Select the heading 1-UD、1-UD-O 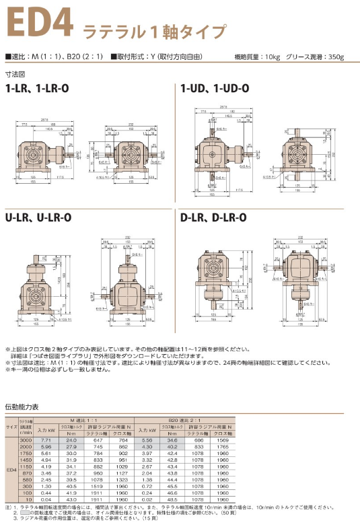211,88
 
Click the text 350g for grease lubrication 334,57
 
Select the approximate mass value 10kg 269,57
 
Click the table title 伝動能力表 22,407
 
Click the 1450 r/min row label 26,461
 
